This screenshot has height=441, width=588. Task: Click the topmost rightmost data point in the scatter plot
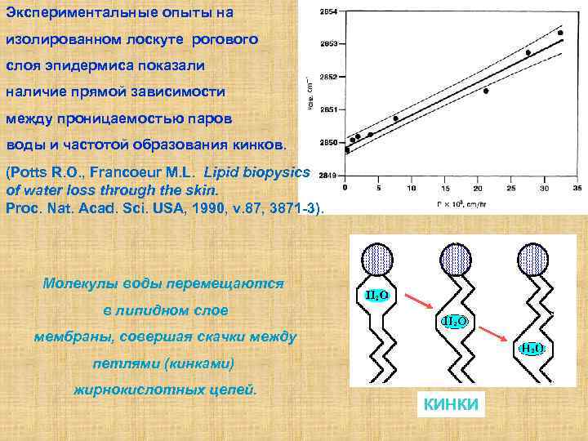560,33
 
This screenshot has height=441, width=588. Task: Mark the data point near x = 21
486,91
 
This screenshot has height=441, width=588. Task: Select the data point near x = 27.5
528,53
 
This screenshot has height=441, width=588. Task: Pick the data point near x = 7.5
395,118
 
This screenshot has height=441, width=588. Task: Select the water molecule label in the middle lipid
454,322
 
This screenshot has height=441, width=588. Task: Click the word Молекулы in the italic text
74,283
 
